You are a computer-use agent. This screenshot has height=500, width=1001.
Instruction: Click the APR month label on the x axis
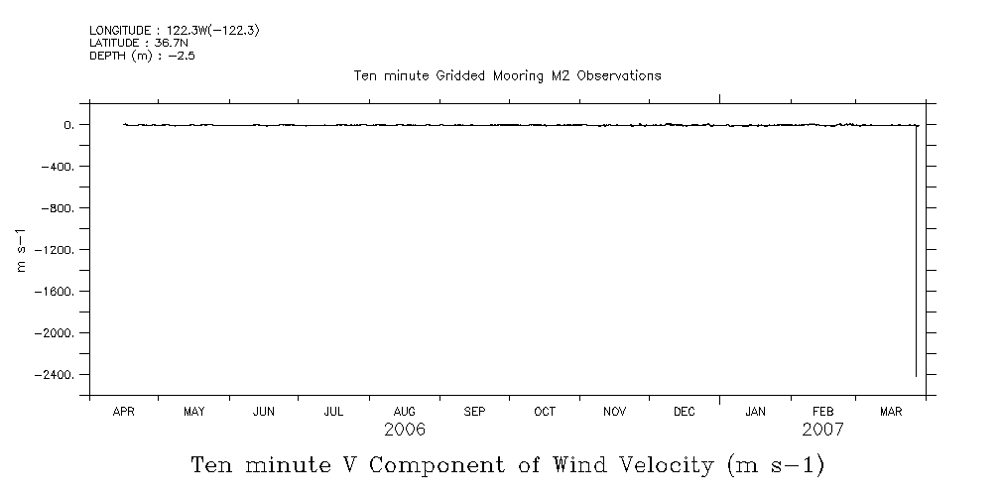click(123, 411)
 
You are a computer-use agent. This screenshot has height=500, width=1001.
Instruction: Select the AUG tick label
click(404, 411)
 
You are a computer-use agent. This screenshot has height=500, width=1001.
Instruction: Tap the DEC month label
click(685, 411)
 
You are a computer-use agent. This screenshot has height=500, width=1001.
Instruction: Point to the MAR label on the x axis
click(891, 411)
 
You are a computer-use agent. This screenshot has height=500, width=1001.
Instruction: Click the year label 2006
click(404, 430)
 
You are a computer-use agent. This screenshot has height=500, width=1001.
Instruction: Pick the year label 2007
click(822, 430)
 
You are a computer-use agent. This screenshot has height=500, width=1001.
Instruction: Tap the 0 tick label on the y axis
click(68, 125)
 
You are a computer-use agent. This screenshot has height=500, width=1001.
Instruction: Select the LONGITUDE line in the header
click(175, 31)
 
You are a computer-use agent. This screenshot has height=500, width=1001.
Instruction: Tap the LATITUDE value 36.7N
click(171, 43)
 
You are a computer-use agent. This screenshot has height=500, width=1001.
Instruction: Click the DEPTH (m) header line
click(142, 56)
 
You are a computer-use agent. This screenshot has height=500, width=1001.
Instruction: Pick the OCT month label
click(545, 411)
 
